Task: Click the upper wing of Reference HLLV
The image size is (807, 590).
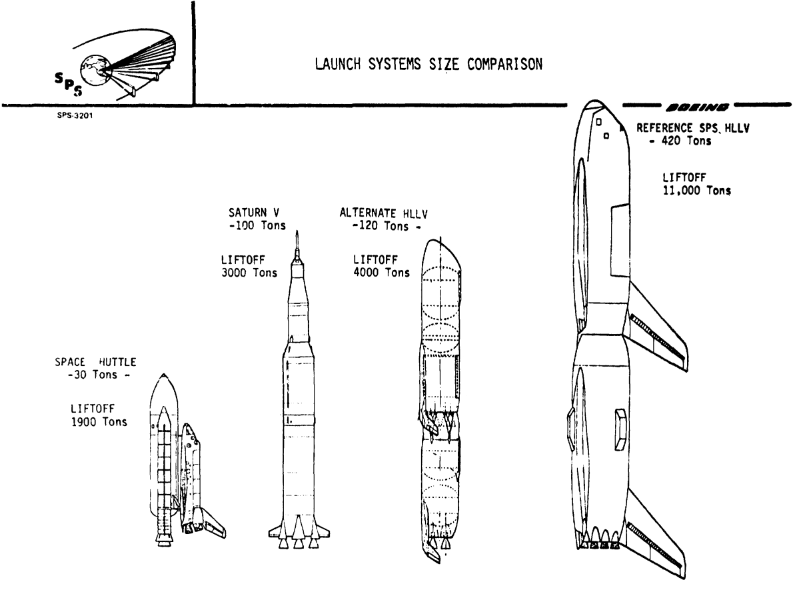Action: point(656,327)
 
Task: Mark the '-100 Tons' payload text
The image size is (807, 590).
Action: point(257,225)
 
